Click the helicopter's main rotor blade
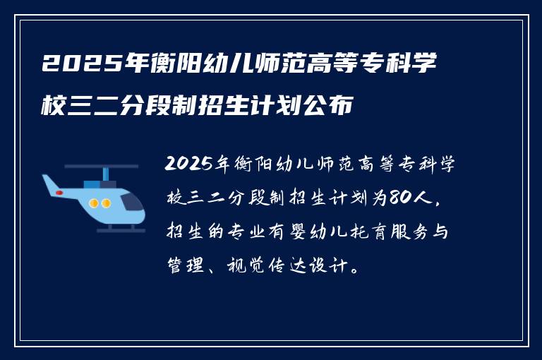pyautogui.click(x=102, y=167)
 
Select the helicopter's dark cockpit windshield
pyautogui.click(x=131, y=202)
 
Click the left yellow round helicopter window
pyautogui.click(x=94, y=203)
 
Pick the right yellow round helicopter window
pyautogui.click(x=106, y=203)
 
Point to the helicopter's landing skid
pyautogui.click(x=113, y=230)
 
